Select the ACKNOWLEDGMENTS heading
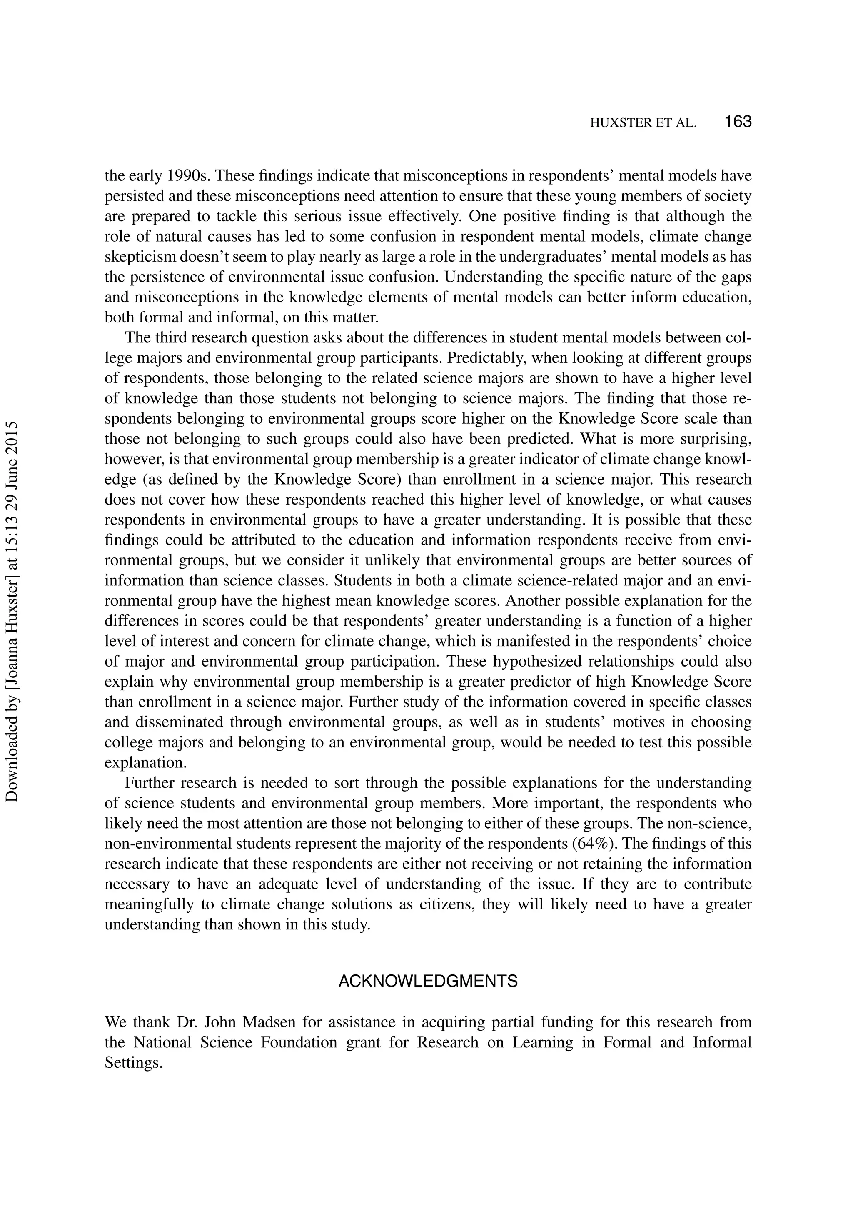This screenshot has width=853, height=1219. (x=428, y=981)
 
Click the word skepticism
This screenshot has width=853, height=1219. (x=140, y=257)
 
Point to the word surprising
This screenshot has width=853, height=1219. (x=713, y=439)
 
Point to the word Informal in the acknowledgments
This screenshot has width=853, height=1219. (x=722, y=1043)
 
